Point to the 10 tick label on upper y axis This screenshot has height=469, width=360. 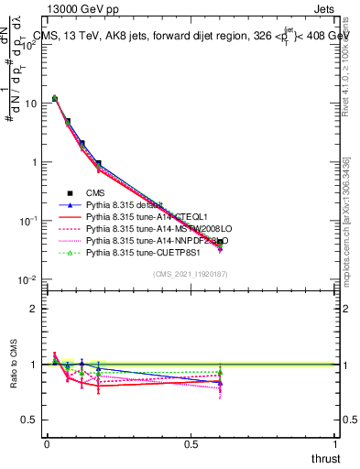(x=30, y=104)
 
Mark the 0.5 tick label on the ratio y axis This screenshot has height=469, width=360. (x=30, y=420)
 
